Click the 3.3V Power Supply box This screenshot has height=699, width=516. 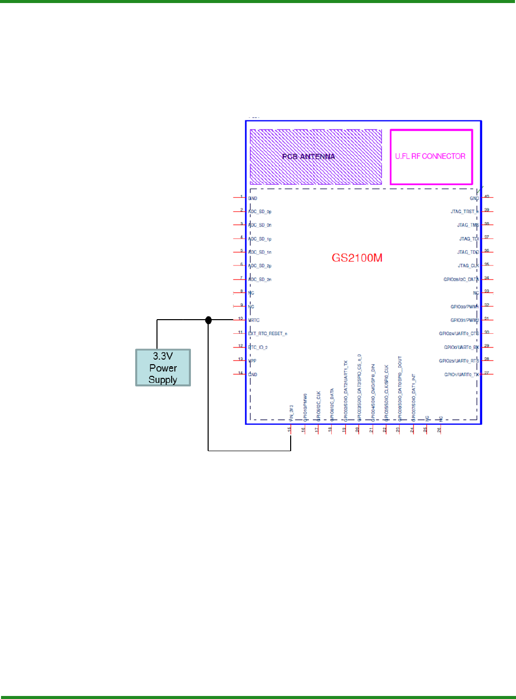(163, 368)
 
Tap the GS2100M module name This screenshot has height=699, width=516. (357, 258)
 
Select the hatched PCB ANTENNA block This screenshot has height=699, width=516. (315, 157)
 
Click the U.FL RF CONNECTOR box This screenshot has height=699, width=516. (431, 157)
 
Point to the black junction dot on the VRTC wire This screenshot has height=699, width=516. (208, 320)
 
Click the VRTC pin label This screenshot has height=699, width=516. (254, 320)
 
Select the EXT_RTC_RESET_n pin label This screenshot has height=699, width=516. (268, 334)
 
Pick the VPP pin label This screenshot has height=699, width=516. (253, 361)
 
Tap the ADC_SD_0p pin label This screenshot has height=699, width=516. (260, 212)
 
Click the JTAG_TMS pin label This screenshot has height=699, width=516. (468, 225)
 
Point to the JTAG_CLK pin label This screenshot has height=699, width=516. (468, 266)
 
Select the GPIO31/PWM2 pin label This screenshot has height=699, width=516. (464, 320)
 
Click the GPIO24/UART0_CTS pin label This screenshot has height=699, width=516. (459, 334)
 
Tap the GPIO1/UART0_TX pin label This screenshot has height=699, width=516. (461, 375)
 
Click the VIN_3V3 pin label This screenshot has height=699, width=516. (291, 413)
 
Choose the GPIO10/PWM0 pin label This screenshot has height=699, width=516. (305, 407)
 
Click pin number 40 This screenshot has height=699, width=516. (487, 197)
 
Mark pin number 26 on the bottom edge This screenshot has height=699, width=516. (439, 430)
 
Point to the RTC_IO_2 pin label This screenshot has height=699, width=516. (258, 347)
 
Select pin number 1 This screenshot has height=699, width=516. (242, 197)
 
